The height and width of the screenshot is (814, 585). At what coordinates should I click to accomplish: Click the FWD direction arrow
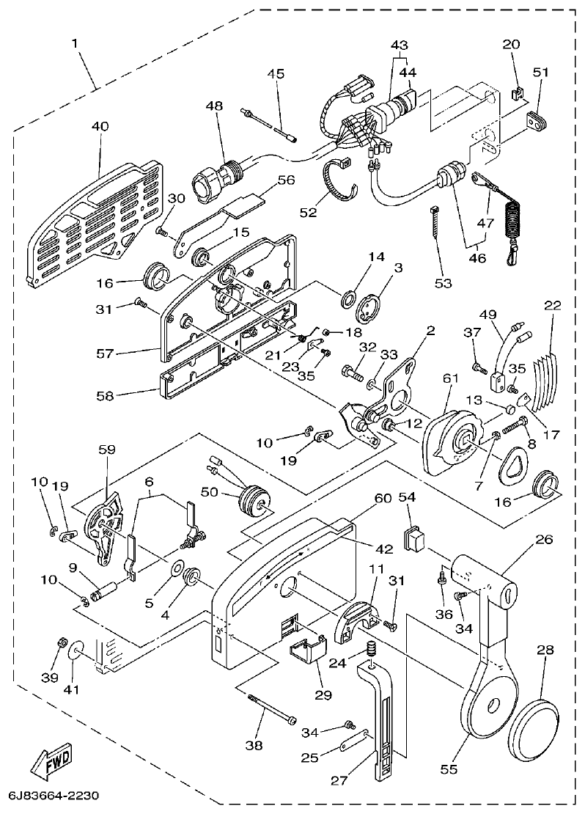(x=51, y=765)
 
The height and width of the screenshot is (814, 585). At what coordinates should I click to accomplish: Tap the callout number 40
(x=100, y=126)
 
